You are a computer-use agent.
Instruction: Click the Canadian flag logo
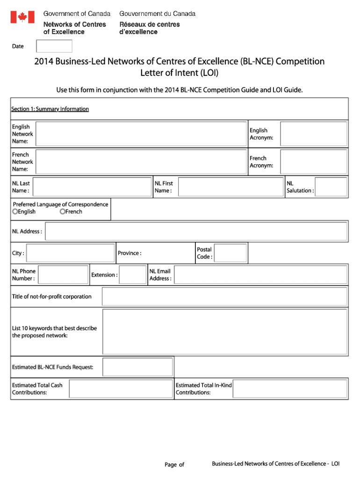coord(22,17)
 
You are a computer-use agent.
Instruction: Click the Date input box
coord(54,46)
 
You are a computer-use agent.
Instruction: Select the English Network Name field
coord(141,134)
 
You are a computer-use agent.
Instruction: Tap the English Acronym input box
coord(313,134)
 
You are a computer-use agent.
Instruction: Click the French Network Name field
coord(141,162)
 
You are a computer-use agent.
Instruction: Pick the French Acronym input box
coord(313,162)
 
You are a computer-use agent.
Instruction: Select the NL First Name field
coord(230,187)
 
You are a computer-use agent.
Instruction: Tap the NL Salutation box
coord(331,187)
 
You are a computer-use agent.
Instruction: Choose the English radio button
coord(15,211)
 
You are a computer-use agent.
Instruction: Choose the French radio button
coord(62,211)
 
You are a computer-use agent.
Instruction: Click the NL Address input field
coord(196,232)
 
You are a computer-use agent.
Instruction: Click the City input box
coord(71,253)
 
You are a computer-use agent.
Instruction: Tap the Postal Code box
coord(230,253)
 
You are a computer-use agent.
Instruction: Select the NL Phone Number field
coord(63,275)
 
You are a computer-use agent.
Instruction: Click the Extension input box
coord(133,275)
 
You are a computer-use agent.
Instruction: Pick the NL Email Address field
coord(260,275)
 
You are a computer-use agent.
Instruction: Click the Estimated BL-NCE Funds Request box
coord(137,367)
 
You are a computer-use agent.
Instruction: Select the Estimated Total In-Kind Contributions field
coord(290,389)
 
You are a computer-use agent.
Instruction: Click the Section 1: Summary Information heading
coord(50,109)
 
